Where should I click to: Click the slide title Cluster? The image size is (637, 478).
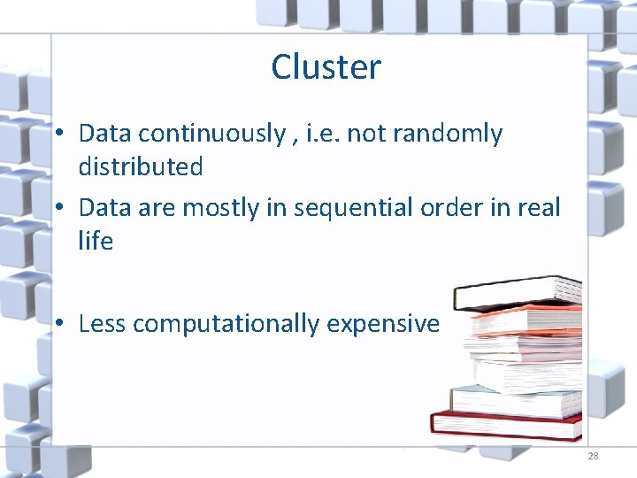click(326, 67)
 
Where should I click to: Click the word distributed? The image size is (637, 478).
click(141, 166)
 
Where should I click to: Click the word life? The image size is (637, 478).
click(96, 241)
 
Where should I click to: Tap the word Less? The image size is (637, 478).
click(102, 324)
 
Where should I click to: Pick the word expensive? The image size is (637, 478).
click(383, 324)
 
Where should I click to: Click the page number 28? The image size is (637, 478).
click(593, 456)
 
